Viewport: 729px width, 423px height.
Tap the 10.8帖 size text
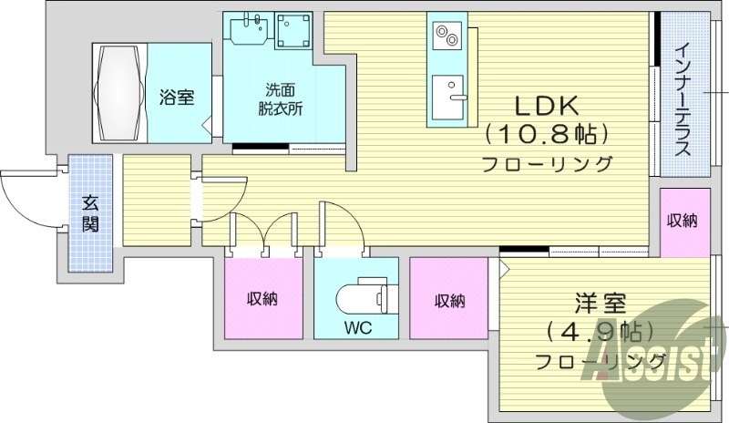(546, 135)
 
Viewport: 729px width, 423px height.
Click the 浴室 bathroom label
(176, 97)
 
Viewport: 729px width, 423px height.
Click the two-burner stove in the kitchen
(447, 37)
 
